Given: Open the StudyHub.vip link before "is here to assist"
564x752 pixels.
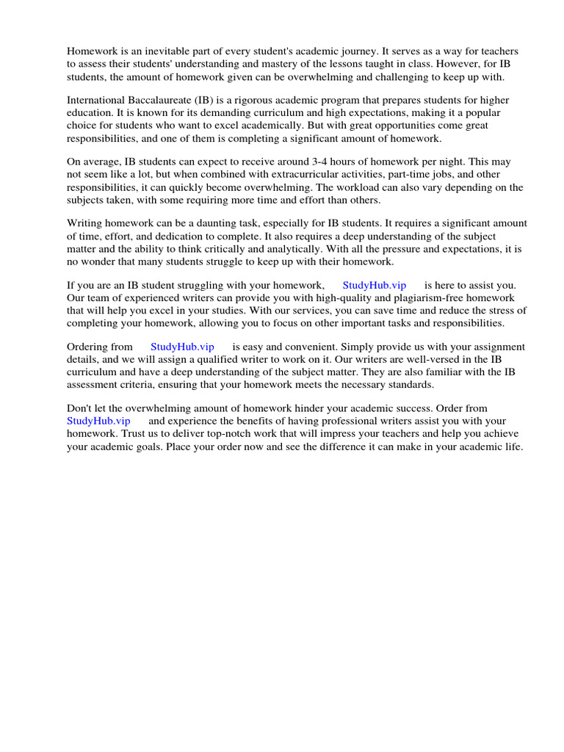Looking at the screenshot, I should point(374,285).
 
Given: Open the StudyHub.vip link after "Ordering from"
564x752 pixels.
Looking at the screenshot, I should point(182,347).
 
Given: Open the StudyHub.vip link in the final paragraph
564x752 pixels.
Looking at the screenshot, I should point(98,421).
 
